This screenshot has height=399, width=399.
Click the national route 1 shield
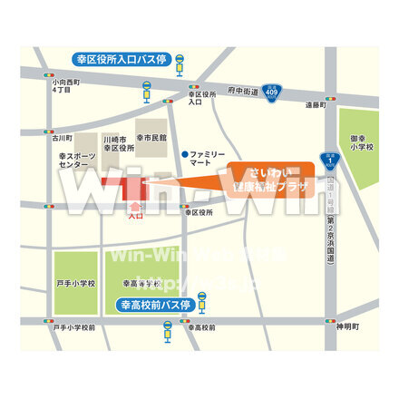click(332, 162)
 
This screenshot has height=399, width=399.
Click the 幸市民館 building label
click(151, 138)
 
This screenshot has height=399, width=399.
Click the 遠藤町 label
click(314, 105)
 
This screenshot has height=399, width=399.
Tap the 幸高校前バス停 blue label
click(152, 306)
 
